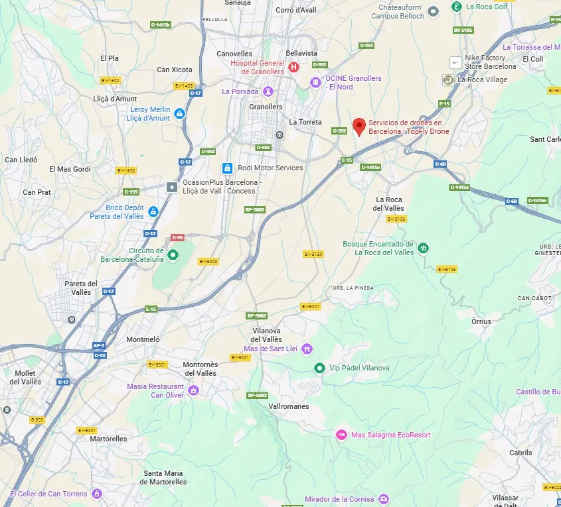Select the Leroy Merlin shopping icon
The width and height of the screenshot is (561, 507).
[179, 114]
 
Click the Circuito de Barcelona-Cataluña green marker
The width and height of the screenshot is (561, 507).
[173, 254]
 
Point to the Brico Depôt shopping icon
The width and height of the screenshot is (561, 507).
[153, 211]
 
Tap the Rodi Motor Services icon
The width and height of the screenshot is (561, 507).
[227, 168]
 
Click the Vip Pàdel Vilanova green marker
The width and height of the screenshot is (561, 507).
[319, 368]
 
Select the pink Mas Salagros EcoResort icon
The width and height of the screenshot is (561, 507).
[341, 435]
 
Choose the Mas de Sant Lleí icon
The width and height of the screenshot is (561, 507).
[307, 349]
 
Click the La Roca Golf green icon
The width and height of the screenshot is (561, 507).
[457, 7]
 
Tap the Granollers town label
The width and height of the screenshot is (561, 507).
[266, 107]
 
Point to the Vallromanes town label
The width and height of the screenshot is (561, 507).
[289, 406]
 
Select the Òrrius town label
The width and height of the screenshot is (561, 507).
[481, 321]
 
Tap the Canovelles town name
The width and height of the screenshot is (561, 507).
[234, 54]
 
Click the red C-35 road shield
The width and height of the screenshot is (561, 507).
[177, 237]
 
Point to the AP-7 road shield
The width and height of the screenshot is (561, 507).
[99, 345]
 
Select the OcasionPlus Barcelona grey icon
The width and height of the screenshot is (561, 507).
[173, 187]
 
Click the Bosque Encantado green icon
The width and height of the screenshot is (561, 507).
[424, 248]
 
